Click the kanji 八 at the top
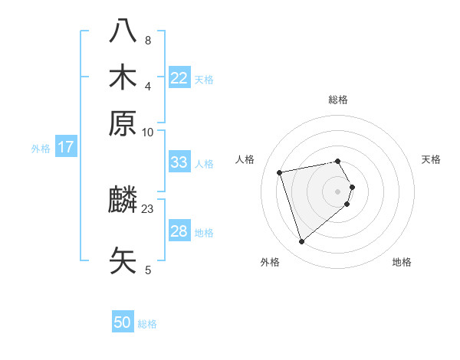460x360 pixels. (123, 31)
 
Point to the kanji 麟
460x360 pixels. (123, 201)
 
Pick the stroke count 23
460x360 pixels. (148, 208)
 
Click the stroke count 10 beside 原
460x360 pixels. (148, 132)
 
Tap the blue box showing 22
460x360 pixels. (179, 78)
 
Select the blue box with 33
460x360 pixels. (179, 162)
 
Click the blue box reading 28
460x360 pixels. (179, 231)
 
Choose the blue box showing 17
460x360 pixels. (66, 147)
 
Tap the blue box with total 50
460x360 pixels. (123, 323)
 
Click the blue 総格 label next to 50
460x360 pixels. (147, 324)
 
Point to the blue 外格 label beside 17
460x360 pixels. (41, 149)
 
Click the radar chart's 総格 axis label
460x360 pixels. (338, 100)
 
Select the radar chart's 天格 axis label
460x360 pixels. (431, 159)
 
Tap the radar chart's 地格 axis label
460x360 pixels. (402, 262)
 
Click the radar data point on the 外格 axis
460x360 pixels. (302, 242)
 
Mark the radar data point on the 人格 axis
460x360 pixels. (280, 172)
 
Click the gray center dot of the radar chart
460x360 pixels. (338, 191)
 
